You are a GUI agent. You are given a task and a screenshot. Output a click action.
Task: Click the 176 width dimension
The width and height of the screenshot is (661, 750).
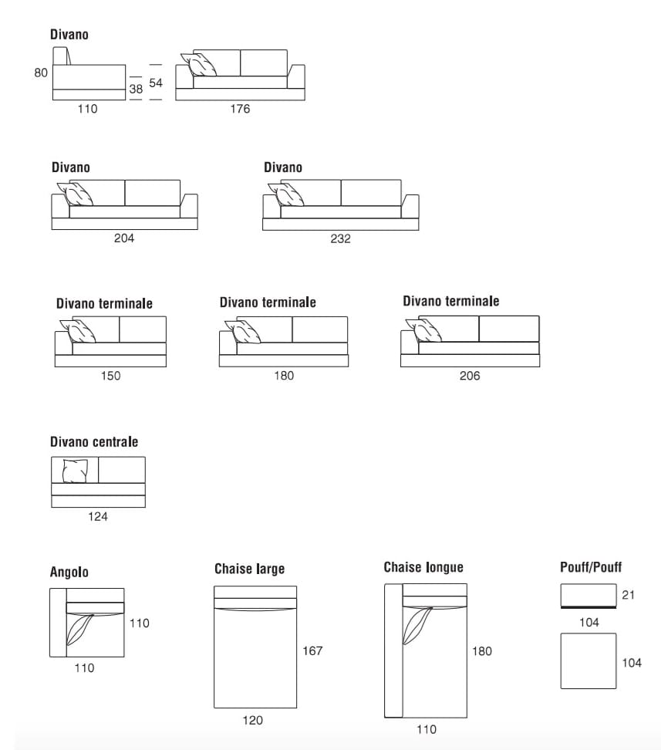click(x=240, y=110)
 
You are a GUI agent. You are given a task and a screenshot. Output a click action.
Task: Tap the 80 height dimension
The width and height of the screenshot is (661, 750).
click(x=41, y=73)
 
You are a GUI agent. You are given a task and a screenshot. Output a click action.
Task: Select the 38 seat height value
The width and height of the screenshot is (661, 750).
click(x=136, y=90)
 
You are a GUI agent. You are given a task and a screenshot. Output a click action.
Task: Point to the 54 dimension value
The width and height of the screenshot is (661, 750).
click(x=156, y=83)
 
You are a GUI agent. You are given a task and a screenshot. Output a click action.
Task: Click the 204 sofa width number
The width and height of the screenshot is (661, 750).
click(x=124, y=239)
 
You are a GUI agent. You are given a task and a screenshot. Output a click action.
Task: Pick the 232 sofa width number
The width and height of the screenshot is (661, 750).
click(x=340, y=239)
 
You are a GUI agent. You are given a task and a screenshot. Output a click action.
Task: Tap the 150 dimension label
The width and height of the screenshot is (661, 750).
click(x=110, y=376)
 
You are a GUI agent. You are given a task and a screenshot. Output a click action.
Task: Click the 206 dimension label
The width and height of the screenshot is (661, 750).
click(x=469, y=376)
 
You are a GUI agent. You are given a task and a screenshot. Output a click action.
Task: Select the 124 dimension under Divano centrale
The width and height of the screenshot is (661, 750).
click(x=97, y=517)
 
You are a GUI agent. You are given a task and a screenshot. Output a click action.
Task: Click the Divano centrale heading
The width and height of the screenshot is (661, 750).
click(x=94, y=442)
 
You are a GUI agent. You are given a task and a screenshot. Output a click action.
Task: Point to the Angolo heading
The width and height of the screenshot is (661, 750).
click(x=69, y=572)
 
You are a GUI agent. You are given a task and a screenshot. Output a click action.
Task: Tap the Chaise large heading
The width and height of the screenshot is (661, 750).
click(x=249, y=569)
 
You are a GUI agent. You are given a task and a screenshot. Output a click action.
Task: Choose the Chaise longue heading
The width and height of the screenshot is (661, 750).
click(x=423, y=567)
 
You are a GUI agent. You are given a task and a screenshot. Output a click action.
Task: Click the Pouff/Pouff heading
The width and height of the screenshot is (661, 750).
click(x=591, y=567)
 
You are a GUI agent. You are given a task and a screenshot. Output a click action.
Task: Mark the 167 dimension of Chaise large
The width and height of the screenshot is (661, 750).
click(x=312, y=651)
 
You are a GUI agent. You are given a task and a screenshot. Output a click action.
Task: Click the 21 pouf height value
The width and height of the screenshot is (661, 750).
click(x=628, y=595)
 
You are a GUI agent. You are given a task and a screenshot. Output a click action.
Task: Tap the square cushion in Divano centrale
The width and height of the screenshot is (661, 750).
click(x=75, y=471)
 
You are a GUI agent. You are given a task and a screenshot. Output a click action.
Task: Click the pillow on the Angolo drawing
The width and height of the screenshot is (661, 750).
click(x=79, y=629)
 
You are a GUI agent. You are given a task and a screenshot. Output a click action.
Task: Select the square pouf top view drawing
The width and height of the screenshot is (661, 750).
click(x=588, y=660)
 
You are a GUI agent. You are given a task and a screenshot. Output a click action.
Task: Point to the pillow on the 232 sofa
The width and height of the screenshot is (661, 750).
click(x=288, y=194)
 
